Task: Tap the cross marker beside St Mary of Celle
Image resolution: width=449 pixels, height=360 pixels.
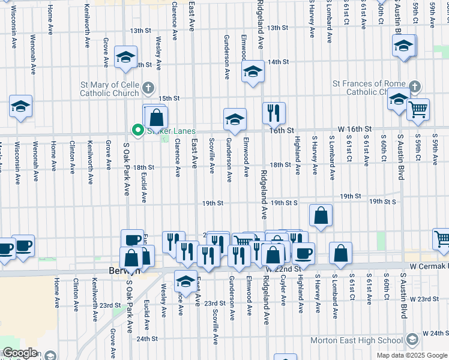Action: (x=148, y=89)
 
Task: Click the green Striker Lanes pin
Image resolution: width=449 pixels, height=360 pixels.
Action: (x=137, y=131)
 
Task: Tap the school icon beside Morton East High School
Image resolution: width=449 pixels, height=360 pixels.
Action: (x=412, y=340)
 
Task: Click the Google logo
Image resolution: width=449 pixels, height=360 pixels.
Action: (x=20, y=353)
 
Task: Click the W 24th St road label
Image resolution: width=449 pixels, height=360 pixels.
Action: (x=435, y=332)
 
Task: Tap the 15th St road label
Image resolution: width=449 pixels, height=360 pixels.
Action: (x=169, y=98)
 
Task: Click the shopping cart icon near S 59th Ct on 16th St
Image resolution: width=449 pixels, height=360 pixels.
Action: (x=418, y=109)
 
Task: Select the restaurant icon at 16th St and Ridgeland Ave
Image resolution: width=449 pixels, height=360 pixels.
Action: (x=274, y=112)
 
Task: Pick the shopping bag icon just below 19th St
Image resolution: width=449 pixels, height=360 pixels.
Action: (x=321, y=215)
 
